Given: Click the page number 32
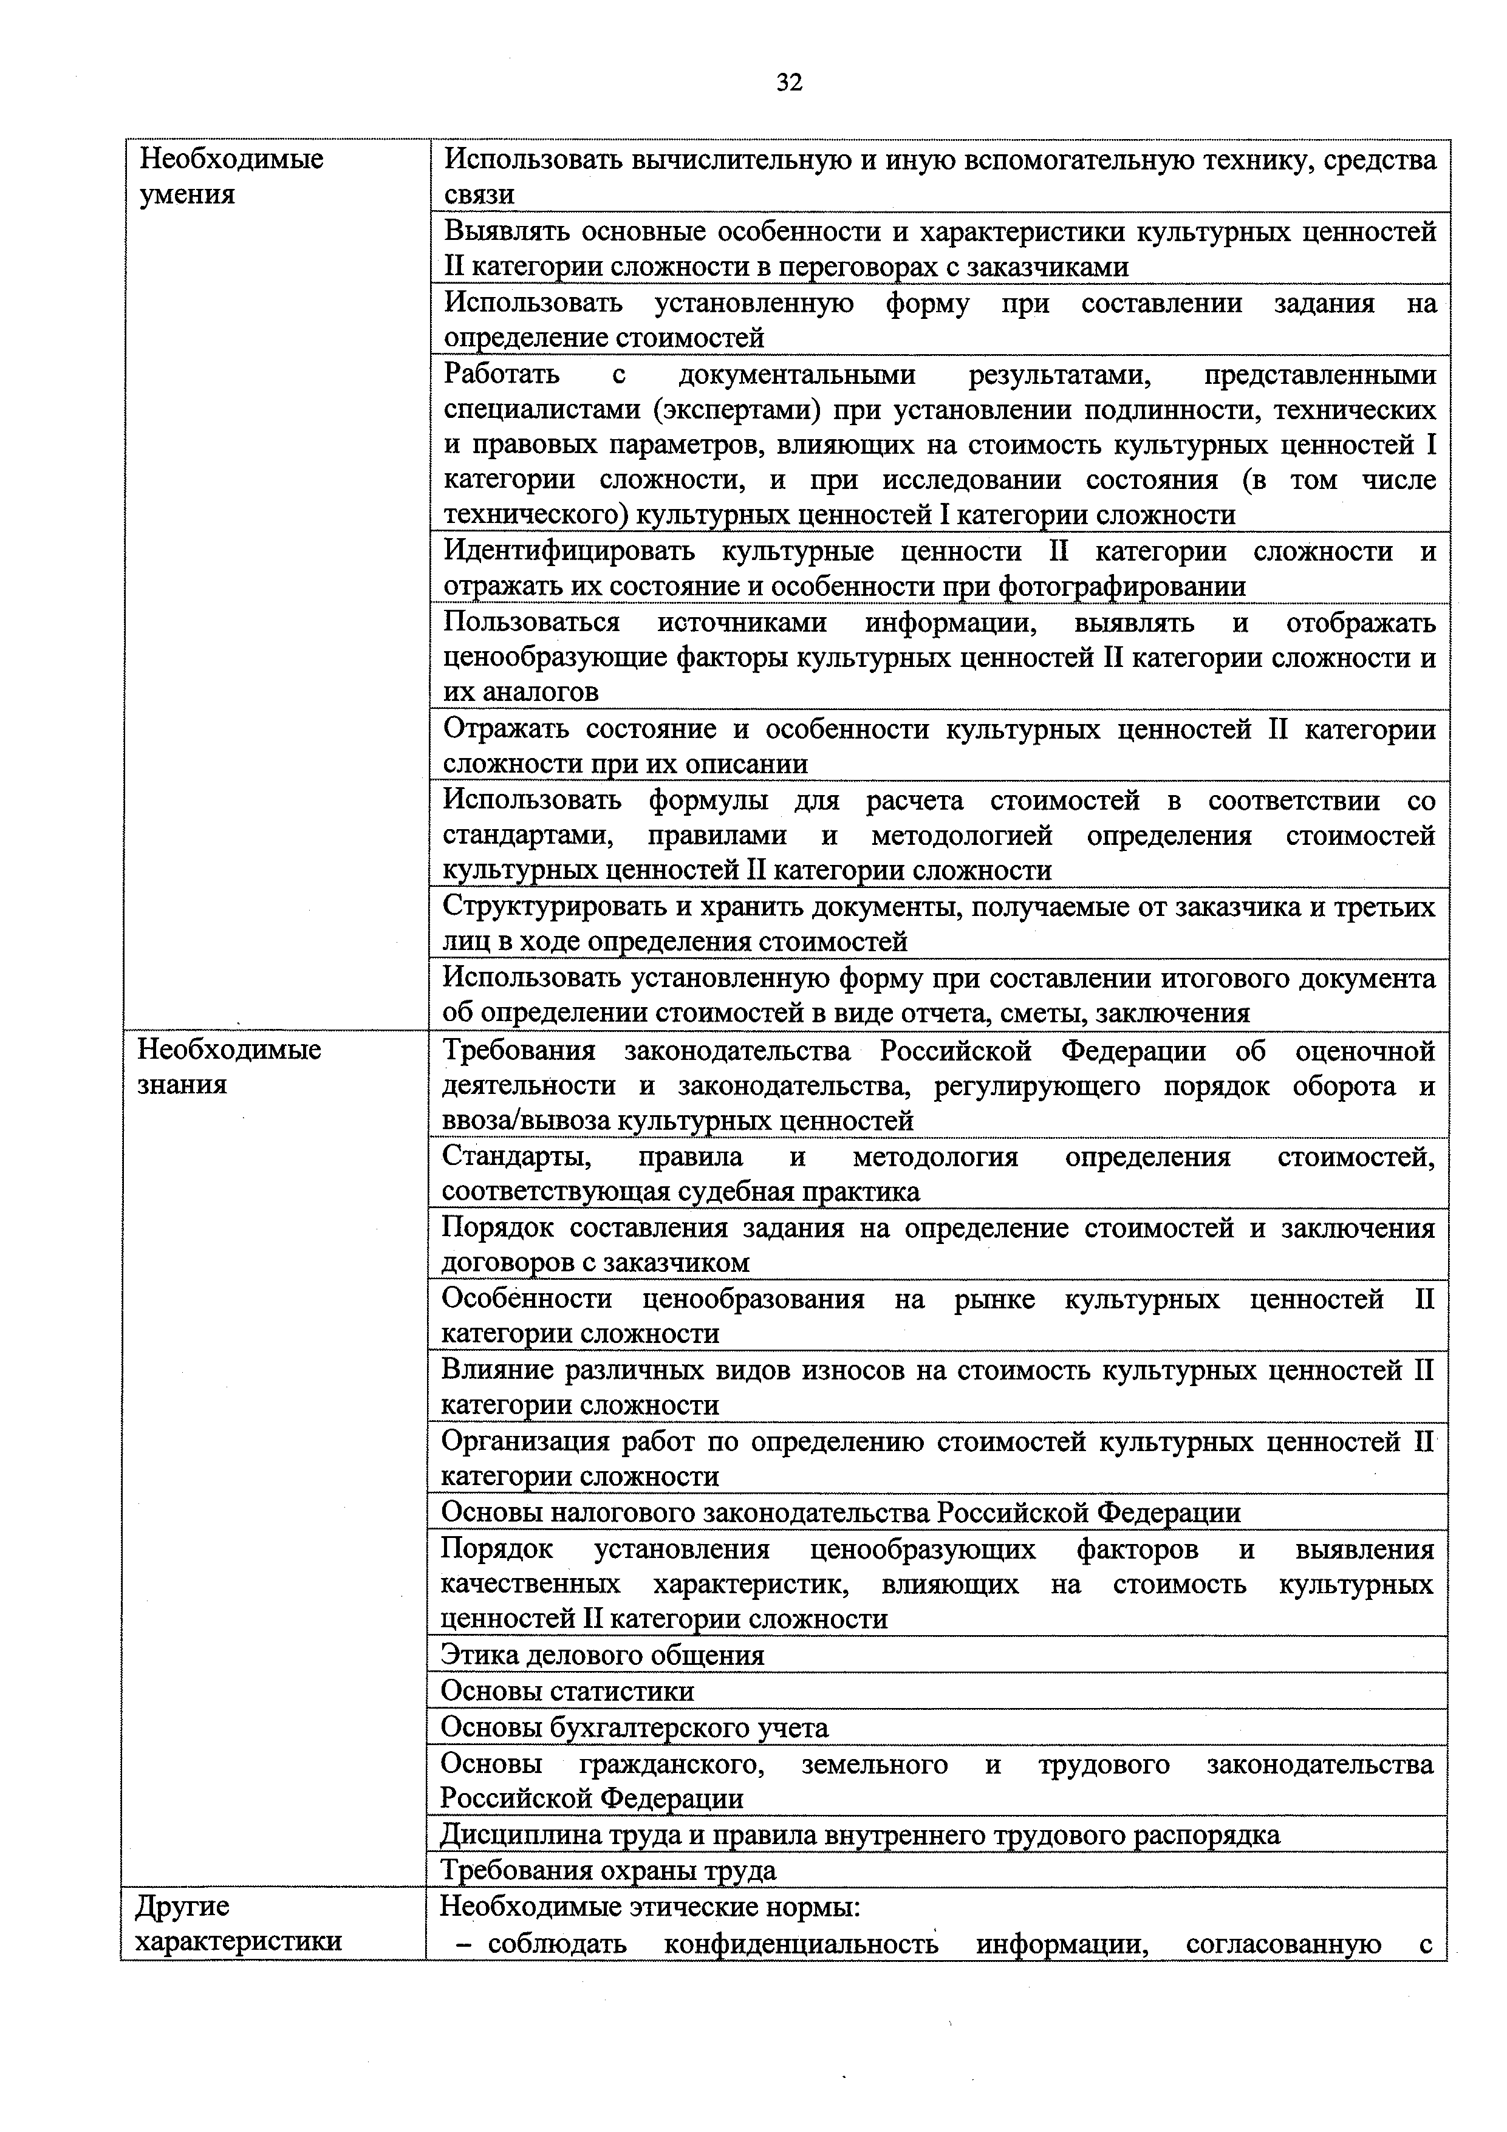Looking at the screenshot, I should [x=788, y=83].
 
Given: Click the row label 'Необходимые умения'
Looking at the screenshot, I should [x=231, y=176].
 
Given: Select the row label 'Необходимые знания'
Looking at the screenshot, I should [x=230, y=1067].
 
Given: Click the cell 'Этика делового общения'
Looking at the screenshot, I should [x=603, y=1655].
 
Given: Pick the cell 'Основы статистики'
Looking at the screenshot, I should [x=567, y=1691].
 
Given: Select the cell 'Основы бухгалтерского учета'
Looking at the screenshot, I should [x=634, y=1727].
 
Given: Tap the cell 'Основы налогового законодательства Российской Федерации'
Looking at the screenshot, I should [x=840, y=1512].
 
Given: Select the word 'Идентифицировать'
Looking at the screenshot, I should [x=569, y=552].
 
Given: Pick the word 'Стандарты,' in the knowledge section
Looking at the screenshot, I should [x=515, y=1157].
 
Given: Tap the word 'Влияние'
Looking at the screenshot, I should [x=496, y=1370].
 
